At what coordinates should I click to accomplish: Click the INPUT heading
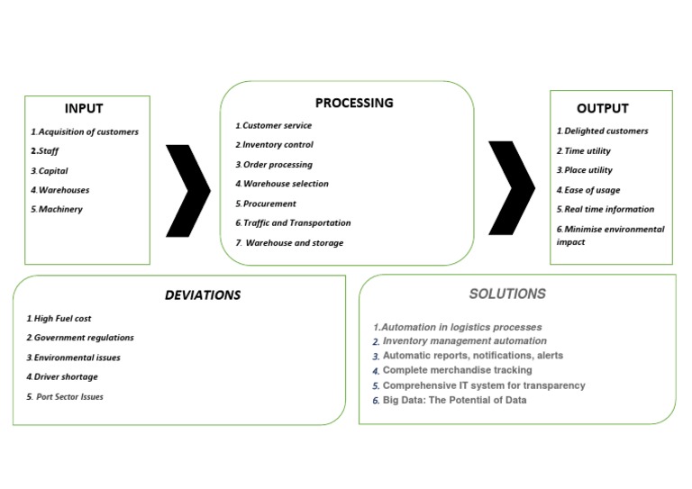(x=83, y=109)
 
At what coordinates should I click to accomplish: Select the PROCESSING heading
(x=354, y=103)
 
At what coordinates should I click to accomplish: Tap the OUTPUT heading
(x=603, y=109)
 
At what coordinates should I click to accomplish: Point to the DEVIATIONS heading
(x=203, y=294)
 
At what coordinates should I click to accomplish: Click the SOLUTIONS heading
(x=507, y=294)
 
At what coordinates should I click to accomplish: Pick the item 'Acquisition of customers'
(x=86, y=131)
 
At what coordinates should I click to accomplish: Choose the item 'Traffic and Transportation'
(x=295, y=222)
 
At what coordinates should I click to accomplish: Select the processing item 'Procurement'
(x=268, y=204)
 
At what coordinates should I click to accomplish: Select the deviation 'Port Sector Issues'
(x=68, y=396)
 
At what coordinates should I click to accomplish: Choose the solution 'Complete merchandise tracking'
(x=456, y=370)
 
